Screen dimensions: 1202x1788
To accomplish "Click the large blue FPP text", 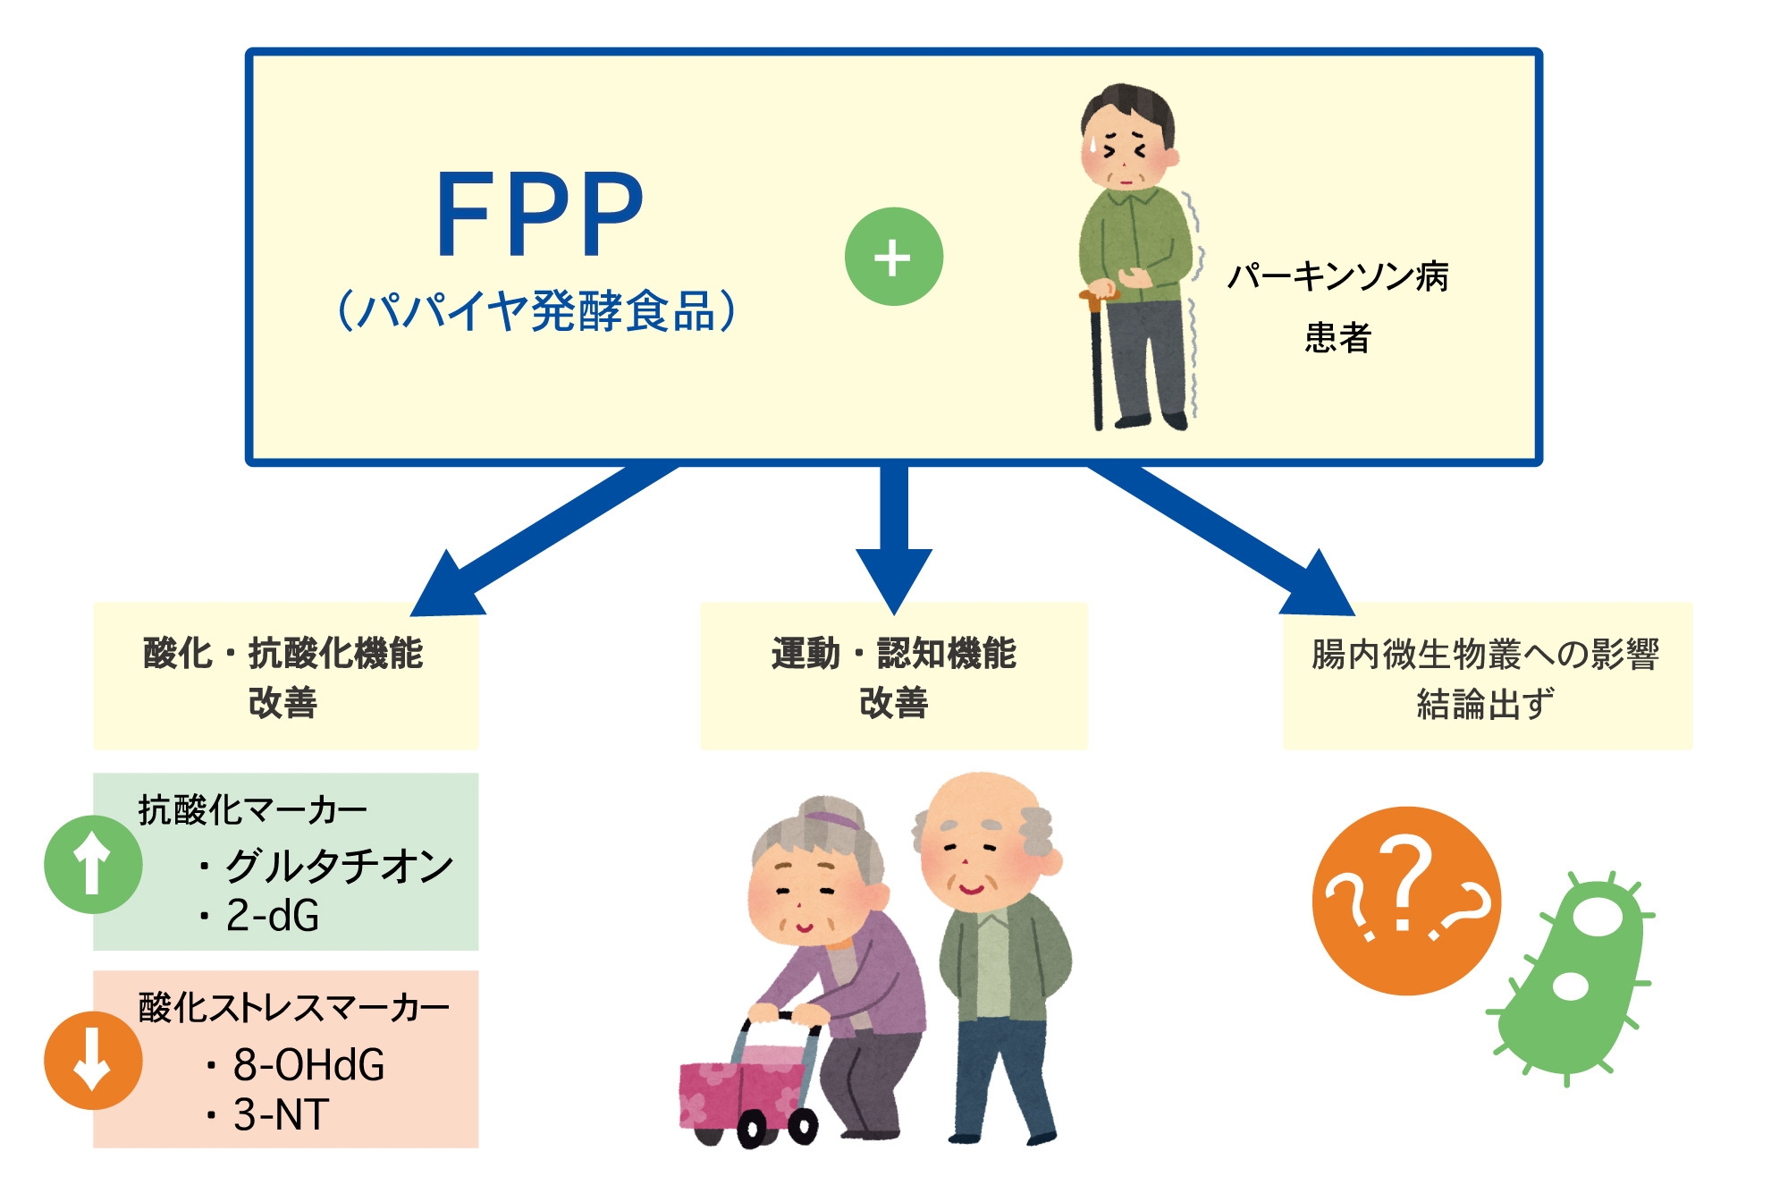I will (539, 215).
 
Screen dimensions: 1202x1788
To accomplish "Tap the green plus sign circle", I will (893, 257).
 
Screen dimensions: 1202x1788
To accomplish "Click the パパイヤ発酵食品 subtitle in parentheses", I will (536, 311).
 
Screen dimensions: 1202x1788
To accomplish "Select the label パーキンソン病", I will (1337, 276).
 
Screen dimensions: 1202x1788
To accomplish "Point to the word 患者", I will (1337, 338).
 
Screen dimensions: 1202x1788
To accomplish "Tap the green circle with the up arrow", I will (93, 864).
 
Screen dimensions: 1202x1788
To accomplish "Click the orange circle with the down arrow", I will (93, 1061).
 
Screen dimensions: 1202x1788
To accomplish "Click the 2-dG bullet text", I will (272, 916).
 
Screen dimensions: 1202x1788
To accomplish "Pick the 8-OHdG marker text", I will (308, 1064).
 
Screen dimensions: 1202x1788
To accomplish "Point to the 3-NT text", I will (281, 1114).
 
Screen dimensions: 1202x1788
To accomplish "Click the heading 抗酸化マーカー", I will (252, 810).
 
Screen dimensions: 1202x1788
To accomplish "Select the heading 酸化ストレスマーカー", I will (293, 1007).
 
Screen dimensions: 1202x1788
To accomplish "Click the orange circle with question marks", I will (1405, 901).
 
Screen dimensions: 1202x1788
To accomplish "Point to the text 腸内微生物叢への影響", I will (1485, 654).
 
